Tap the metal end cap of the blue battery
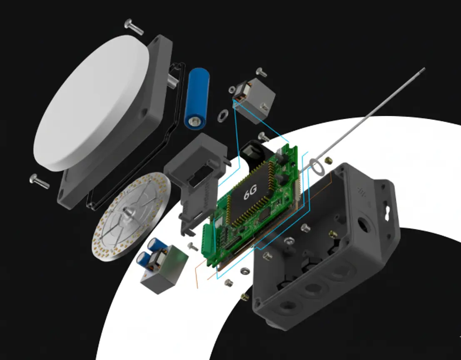[x=195, y=122]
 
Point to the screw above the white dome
[x=134, y=27]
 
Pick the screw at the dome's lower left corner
[x=39, y=181]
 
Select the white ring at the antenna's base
[x=318, y=168]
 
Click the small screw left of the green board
[x=193, y=246]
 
